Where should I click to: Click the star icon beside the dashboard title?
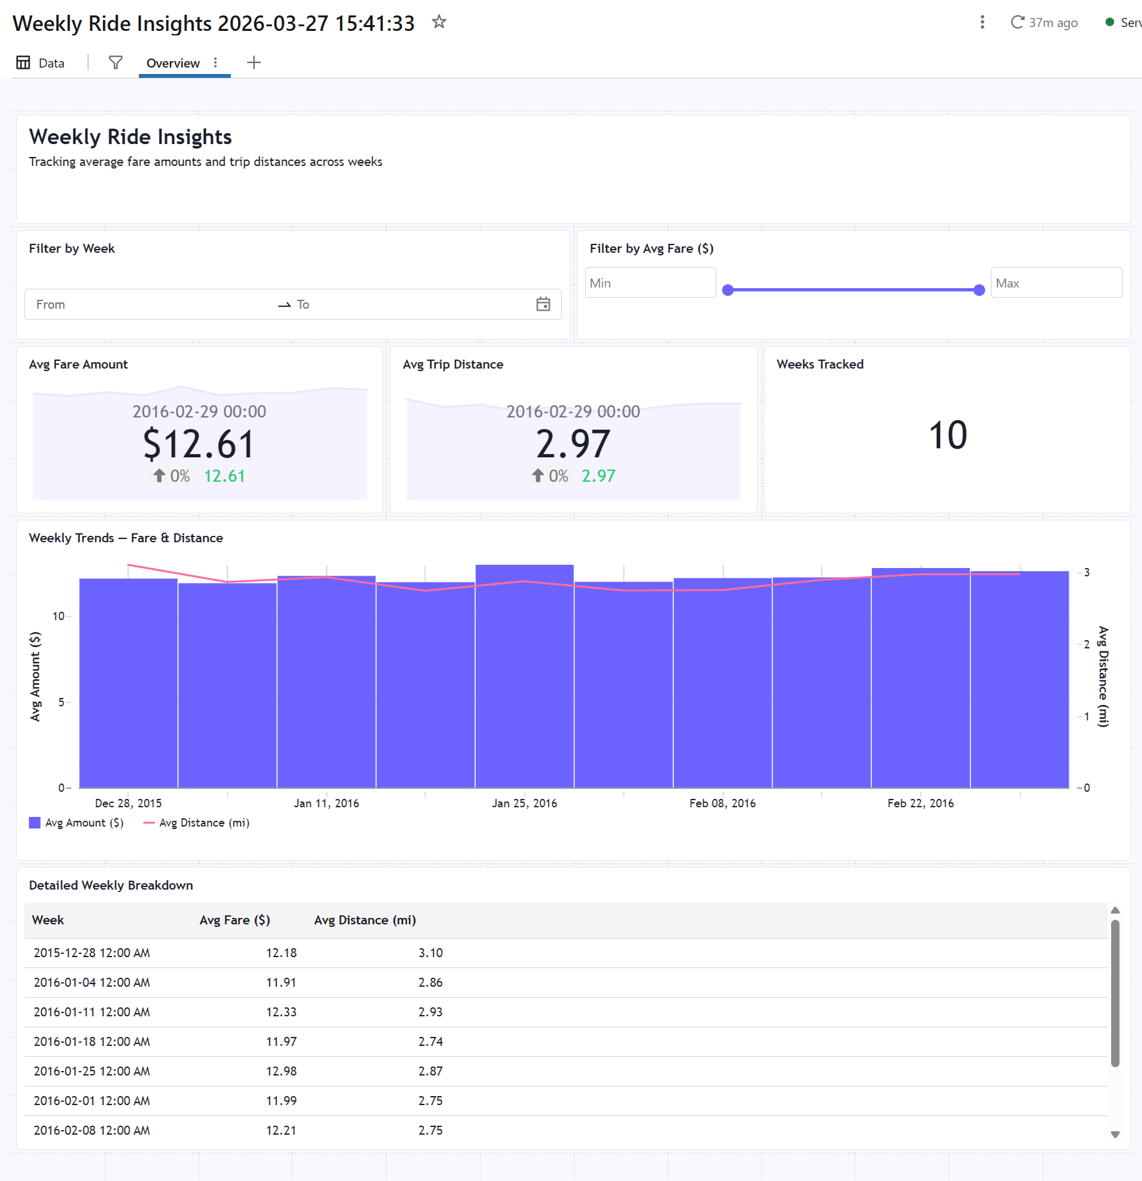(439, 22)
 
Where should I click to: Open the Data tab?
(41, 63)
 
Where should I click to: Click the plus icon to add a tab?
(254, 62)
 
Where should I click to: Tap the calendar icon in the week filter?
(543, 304)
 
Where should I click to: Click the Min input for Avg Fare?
(650, 283)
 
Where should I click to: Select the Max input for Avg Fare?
(1056, 283)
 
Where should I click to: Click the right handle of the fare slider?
(979, 290)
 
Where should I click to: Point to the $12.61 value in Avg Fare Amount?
(199, 444)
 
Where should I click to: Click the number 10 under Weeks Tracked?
(948, 435)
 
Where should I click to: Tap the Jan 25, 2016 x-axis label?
(525, 803)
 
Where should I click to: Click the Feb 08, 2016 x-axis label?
(723, 803)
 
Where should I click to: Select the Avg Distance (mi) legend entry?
(196, 823)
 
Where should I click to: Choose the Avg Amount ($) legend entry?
(77, 823)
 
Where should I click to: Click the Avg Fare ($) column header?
(235, 920)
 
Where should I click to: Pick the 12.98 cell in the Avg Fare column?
(282, 1071)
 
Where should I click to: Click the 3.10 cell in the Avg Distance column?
(431, 953)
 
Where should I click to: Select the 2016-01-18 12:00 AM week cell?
(92, 1041)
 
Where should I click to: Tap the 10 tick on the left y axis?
(59, 616)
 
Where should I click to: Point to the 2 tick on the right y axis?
(1087, 644)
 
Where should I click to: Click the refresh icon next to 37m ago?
(1017, 23)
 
